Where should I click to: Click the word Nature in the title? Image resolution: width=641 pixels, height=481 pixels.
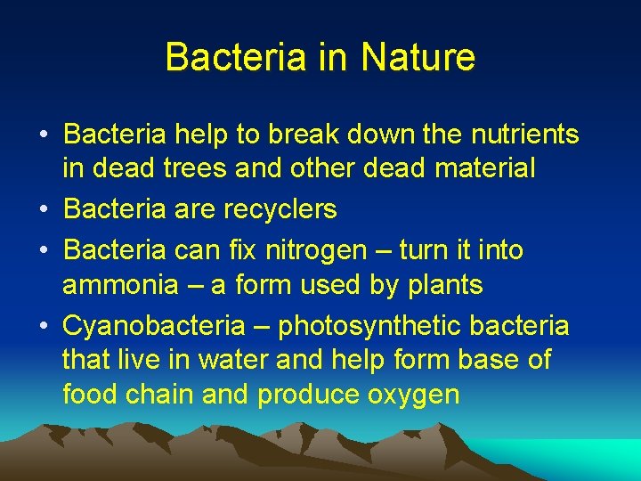pyautogui.click(x=418, y=57)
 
